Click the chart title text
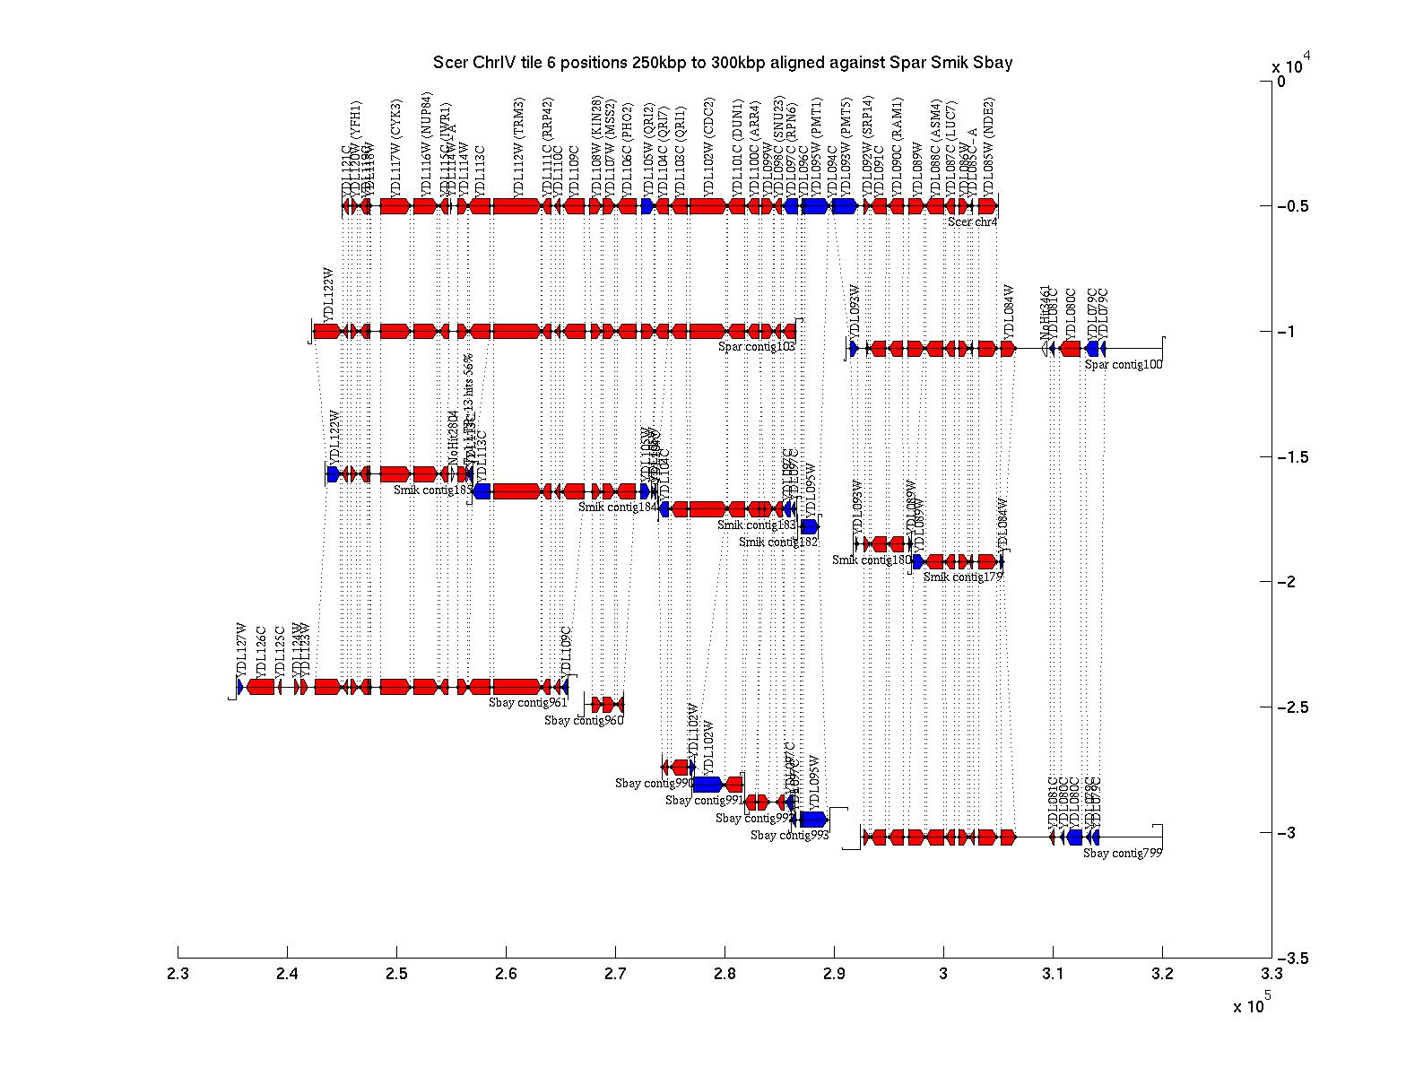click(x=723, y=63)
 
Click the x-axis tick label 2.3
click(x=178, y=976)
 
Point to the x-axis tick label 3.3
click(x=1271, y=976)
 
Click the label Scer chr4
click(x=972, y=221)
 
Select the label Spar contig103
click(x=757, y=346)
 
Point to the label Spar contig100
click(x=1123, y=364)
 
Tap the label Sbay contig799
click(x=1122, y=854)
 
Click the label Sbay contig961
click(x=527, y=702)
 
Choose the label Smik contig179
click(x=962, y=577)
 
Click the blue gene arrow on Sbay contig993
click(x=813, y=819)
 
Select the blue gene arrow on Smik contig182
click(x=809, y=526)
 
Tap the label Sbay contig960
click(x=583, y=720)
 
